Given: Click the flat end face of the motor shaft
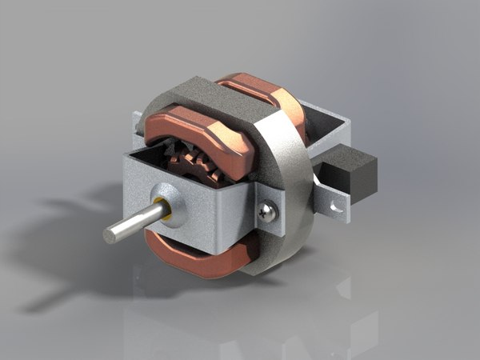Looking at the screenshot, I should click(112, 233).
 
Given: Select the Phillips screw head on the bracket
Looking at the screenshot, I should click(268, 212).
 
